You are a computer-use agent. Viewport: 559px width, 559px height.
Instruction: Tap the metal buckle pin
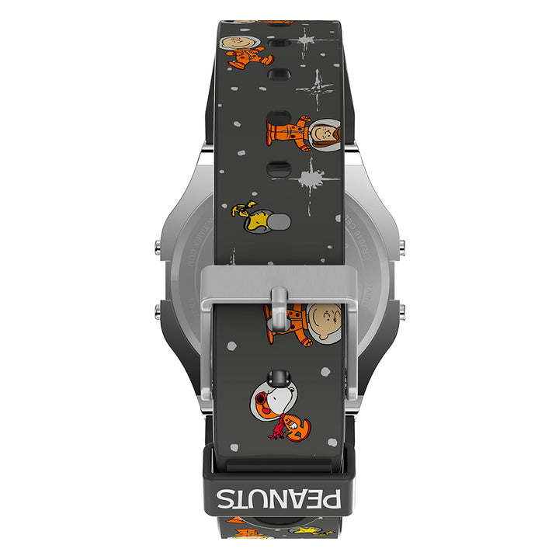point(279,306)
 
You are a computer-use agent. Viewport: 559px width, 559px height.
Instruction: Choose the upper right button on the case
point(402,247)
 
